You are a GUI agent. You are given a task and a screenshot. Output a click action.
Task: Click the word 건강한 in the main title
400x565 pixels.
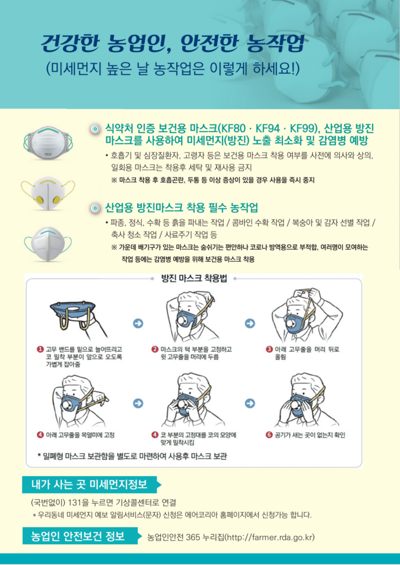tap(71, 43)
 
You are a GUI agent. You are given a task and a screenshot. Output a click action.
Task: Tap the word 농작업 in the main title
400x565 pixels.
tap(275, 43)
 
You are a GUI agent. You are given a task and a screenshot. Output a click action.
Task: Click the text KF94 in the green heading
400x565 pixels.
tap(268, 129)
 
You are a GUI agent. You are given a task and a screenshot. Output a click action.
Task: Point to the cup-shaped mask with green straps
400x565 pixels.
tap(48, 143)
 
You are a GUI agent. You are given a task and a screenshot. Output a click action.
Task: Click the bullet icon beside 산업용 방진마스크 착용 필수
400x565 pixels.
tap(96, 208)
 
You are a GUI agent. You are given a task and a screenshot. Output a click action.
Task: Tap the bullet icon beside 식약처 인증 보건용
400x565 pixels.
tap(96, 129)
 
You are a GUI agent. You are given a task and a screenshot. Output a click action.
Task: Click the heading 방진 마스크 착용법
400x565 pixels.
tap(194, 278)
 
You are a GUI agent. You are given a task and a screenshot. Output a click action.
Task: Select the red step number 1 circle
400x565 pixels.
tap(40, 349)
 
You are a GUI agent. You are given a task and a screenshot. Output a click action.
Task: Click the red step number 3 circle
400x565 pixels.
tap(269, 349)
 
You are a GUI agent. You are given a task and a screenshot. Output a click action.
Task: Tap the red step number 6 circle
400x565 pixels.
tap(269, 435)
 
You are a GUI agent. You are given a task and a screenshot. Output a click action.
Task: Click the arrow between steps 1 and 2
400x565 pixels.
tap(138, 323)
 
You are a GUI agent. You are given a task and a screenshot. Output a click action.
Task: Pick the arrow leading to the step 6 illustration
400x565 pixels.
tap(250, 403)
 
